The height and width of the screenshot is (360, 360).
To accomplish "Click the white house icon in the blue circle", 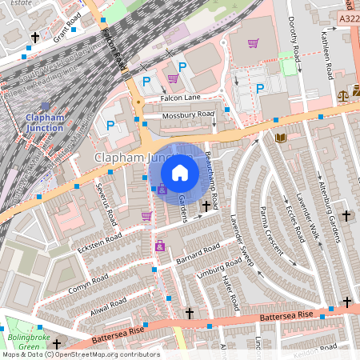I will pyautogui.click(x=179, y=172).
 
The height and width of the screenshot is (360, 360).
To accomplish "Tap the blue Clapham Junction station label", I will pyautogui.click(x=44, y=122).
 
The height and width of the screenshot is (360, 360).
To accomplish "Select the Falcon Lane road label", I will pyautogui.click(x=180, y=98).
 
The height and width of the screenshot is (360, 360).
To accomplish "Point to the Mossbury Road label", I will pyautogui.click(x=188, y=115).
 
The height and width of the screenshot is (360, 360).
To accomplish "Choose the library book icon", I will pyautogui.click(x=280, y=138).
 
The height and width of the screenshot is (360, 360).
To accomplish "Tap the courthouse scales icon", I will pyautogui.click(x=344, y=94).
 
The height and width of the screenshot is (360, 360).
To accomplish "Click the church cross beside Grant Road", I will pyautogui.click(x=35, y=37).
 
